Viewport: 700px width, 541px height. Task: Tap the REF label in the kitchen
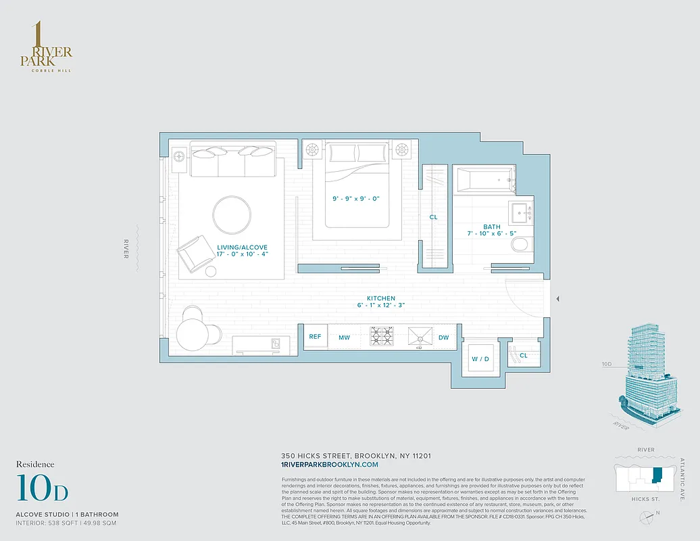pos(315,336)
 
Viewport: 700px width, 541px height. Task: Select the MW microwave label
pos(344,337)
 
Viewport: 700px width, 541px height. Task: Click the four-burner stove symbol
pos(382,336)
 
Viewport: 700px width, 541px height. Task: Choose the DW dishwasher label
pos(443,337)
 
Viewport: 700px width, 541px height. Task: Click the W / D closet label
pos(481,358)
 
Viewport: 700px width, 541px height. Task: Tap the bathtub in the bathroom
pos(484,181)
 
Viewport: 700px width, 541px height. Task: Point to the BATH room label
pos(491,227)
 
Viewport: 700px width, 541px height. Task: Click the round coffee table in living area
pos(232,214)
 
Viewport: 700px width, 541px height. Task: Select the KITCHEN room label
pos(380,298)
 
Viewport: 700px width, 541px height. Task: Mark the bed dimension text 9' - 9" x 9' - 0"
pos(357,199)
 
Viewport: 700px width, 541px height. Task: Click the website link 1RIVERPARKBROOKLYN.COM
pos(329,465)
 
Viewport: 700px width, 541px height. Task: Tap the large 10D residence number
pos(42,490)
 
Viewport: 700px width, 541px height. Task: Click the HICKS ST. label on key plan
pos(647,499)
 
